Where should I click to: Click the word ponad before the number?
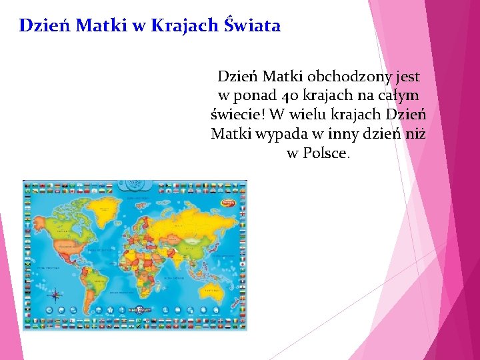point(255,96)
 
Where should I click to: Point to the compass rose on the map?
point(56,294)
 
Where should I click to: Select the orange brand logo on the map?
point(229,197)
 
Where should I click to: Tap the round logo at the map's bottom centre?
point(140,309)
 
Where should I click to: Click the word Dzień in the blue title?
point(45,26)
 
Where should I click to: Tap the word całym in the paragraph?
point(399,96)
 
